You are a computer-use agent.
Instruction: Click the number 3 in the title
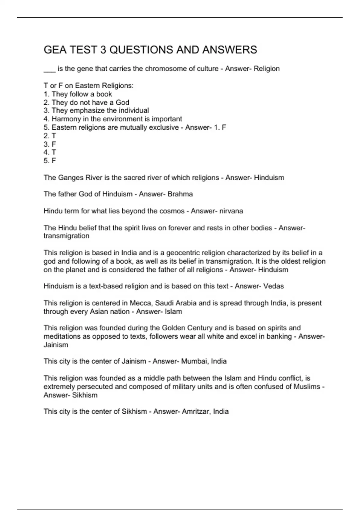[103, 50]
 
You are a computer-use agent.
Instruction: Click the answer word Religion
[266, 69]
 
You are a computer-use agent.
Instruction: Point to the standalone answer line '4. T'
[50, 152]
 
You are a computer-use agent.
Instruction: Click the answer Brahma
[180, 194]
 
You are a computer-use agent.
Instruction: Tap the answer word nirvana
[231, 211]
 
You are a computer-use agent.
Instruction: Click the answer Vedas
[273, 286]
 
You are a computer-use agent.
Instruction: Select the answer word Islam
[173, 311]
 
